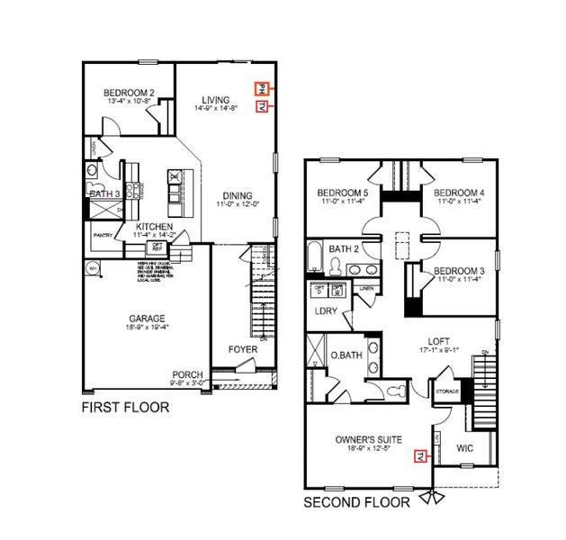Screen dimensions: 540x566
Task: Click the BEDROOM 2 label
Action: tap(129, 92)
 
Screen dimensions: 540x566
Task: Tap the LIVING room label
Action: tap(215, 99)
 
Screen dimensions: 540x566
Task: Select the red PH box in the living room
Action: tap(262, 89)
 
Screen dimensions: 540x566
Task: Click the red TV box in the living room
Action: tap(262, 107)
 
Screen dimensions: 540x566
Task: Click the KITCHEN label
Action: tap(154, 227)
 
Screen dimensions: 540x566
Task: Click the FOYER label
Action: tap(243, 349)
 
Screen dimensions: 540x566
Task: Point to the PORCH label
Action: tap(188, 375)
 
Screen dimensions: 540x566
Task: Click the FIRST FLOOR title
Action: tap(125, 407)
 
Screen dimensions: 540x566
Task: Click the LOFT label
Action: tap(438, 340)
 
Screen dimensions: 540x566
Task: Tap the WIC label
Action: tap(464, 447)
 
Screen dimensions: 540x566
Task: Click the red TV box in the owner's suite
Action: tap(418, 456)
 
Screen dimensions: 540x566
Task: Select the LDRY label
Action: tap(325, 310)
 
